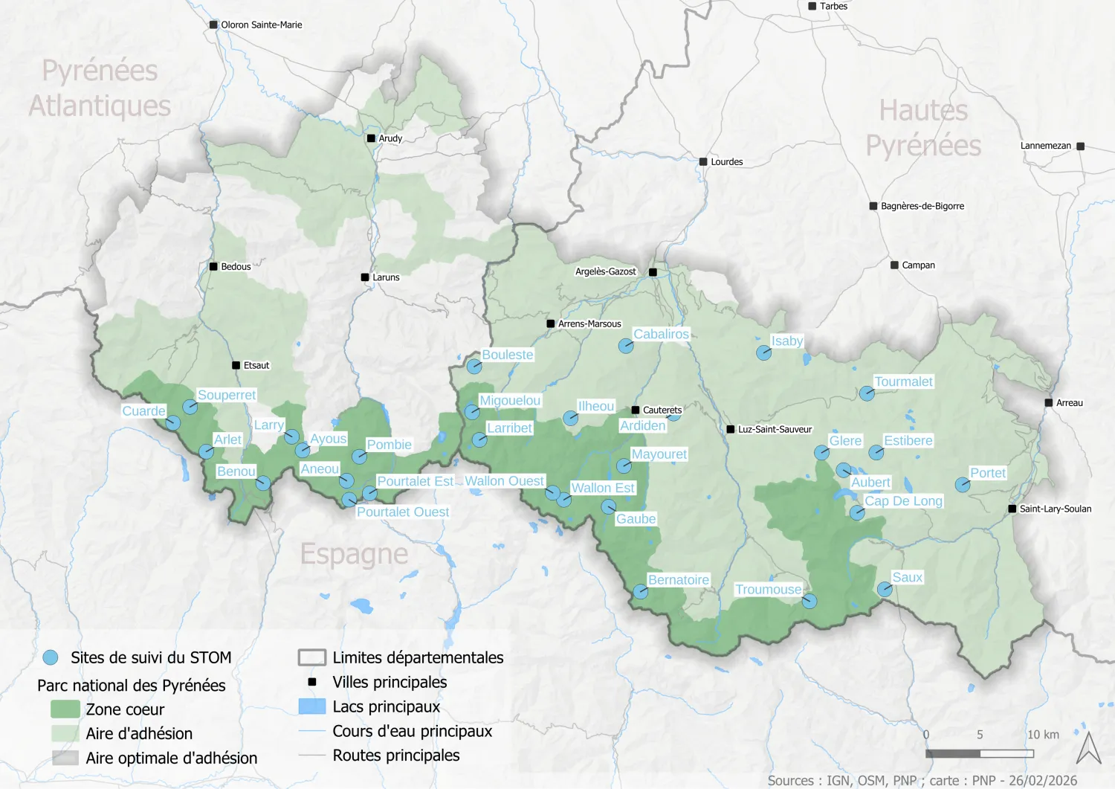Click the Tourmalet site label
(x=903, y=381)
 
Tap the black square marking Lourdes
(x=703, y=161)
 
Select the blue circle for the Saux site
(x=885, y=589)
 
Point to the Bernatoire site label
(x=679, y=580)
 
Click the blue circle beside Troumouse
(x=809, y=601)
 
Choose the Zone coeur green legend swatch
(x=65, y=709)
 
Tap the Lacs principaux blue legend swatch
(x=312, y=706)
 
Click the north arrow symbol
(x=1089, y=748)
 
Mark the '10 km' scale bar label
(x=1043, y=735)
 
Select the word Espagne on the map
(x=354, y=554)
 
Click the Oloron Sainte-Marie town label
(x=262, y=25)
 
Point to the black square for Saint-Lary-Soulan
(x=1012, y=509)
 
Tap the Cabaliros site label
(x=661, y=334)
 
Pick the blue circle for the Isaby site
(x=763, y=353)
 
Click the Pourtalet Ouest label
(x=403, y=512)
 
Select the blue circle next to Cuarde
(x=172, y=422)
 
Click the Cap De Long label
(x=903, y=501)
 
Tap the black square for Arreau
(x=1049, y=403)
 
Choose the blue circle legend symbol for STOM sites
(x=51, y=657)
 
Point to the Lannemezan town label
(x=1045, y=146)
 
